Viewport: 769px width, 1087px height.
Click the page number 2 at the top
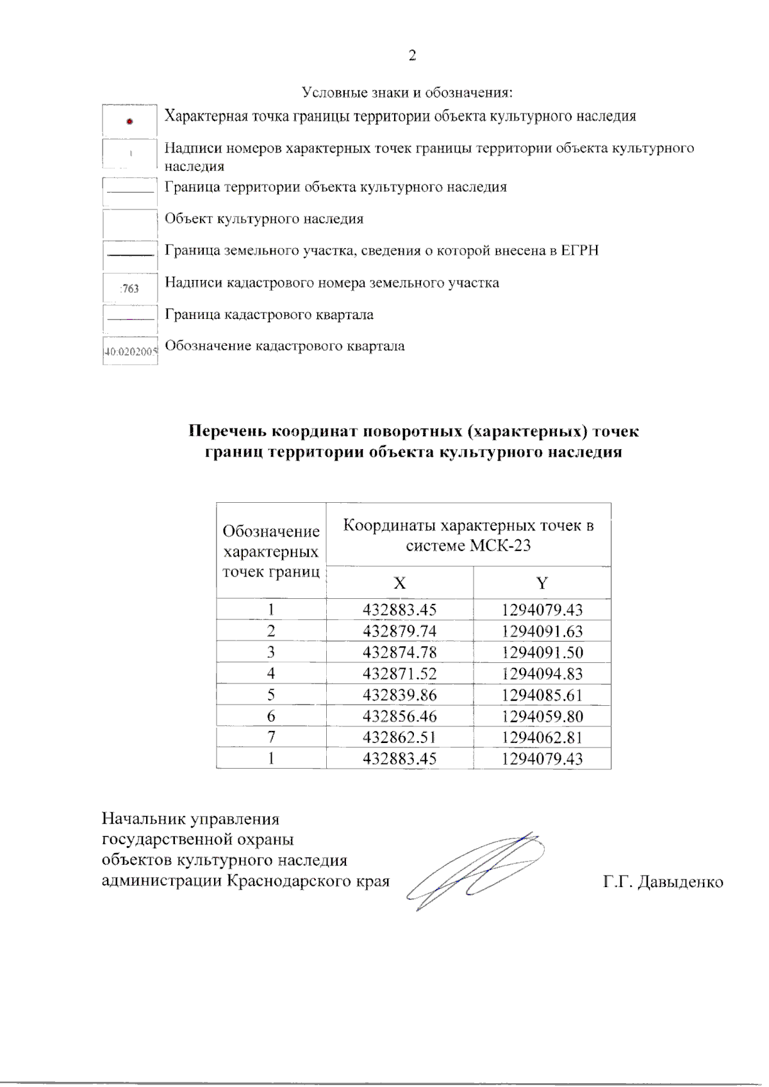click(412, 56)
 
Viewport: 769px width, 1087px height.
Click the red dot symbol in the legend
click(129, 121)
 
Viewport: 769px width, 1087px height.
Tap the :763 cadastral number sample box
click(130, 288)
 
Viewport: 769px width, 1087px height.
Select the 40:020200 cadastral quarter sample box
click(130, 352)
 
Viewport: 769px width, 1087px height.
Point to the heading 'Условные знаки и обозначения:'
click(407, 92)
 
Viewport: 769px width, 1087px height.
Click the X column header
click(399, 583)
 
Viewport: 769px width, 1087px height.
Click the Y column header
click(542, 583)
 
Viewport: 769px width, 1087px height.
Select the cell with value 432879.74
click(399, 631)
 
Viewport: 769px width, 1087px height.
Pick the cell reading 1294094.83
click(542, 673)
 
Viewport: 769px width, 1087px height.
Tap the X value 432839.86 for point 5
click(399, 695)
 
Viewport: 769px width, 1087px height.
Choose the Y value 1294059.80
click(542, 716)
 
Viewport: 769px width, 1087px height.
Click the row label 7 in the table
click(271, 737)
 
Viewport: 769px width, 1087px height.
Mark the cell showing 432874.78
click(399, 652)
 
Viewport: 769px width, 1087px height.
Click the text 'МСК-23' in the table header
click(500, 546)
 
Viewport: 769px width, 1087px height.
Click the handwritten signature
click(477, 871)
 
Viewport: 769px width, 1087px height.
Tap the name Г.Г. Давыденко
click(663, 882)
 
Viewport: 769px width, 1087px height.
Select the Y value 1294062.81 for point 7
click(542, 737)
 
